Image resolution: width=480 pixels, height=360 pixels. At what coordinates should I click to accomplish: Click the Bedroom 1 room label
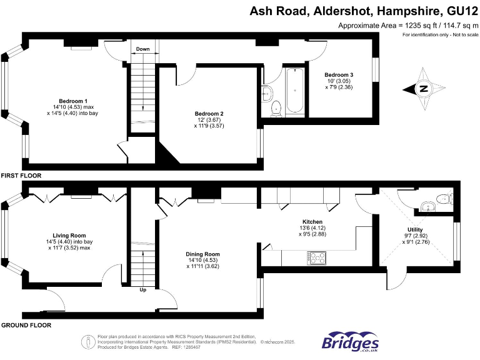tap(73, 101)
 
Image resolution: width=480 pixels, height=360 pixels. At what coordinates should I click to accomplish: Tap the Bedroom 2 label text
tap(209, 114)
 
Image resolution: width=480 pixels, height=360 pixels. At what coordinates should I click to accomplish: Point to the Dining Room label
tap(202, 254)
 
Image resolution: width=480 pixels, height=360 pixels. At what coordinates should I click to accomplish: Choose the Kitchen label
tap(312, 222)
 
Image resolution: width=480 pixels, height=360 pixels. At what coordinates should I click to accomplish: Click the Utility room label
tap(415, 229)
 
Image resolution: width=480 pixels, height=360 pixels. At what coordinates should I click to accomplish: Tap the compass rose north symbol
tap(423, 89)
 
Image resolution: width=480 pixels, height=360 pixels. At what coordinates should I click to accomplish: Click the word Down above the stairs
tap(143, 49)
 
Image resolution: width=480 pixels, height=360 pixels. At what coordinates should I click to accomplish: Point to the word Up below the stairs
tap(143, 289)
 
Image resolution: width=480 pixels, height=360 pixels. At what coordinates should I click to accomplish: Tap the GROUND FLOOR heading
tap(26, 325)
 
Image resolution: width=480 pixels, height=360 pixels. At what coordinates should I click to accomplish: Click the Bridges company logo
tap(350, 341)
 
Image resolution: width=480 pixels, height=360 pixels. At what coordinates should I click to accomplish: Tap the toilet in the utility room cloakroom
tap(443, 200)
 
